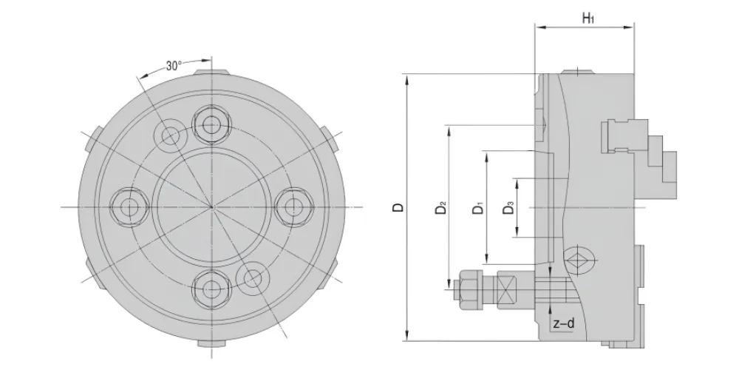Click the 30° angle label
pos(174,66)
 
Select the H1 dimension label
pos(588,18)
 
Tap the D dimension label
pos(398,207)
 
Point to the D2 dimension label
pos(440,208)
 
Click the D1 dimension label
pos(478,208)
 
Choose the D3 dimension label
pos(508,208)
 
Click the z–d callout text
pos(564,324)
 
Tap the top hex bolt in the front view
pos(211,125)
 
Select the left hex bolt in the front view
pos(129,206)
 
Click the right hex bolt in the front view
pos(294,206)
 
